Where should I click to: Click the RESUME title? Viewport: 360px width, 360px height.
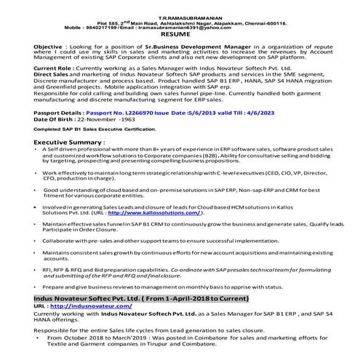[x=180, y=34]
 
